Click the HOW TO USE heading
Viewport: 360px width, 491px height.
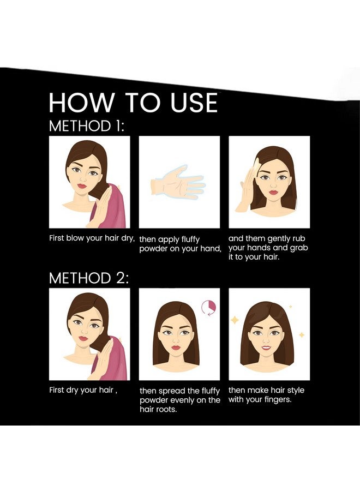(x=133, y=103)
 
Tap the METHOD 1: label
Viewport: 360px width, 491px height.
(x=87, y=126)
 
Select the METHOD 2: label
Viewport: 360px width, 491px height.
(x=89, y=278)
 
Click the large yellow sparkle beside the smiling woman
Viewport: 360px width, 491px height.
(x=234, y=320)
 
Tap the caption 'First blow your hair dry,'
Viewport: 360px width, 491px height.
(x=92, y=238)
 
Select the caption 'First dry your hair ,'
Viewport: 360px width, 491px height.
(x=83, y=391)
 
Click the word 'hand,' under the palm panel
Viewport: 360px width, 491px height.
(x=211, y=249)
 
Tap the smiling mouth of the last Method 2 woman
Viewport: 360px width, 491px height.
(x=266, y=347)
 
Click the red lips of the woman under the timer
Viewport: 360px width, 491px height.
(x=176, y=348)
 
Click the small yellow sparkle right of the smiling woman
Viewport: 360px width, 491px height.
(x=302, y=335)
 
